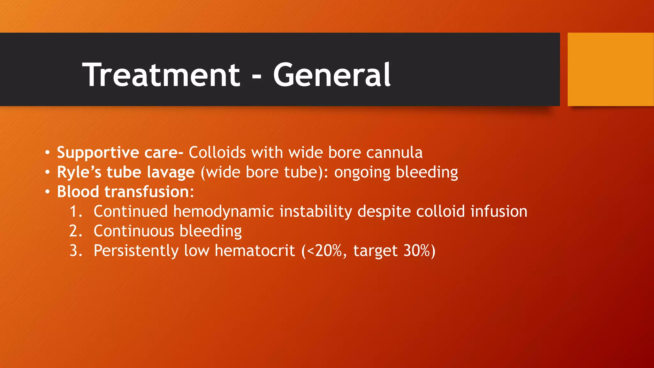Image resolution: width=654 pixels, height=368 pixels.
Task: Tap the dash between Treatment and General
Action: click(256, 77)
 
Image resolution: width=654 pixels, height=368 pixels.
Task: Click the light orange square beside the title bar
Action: click(610, 69)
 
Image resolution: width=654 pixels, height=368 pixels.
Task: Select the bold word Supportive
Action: click(98, 153)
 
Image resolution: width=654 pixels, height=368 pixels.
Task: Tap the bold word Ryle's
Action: click(79, 172)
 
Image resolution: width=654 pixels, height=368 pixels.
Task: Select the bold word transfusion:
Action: click(149, 192)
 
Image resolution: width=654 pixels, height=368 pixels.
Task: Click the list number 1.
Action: click(76, 211)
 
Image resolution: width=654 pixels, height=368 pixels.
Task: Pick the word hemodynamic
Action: click(224, 212)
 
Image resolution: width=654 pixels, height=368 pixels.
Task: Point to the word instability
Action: click(316, 212)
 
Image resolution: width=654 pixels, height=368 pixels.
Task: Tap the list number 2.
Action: click(76, 231)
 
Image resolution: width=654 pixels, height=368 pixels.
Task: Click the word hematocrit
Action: click(255, 250)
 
